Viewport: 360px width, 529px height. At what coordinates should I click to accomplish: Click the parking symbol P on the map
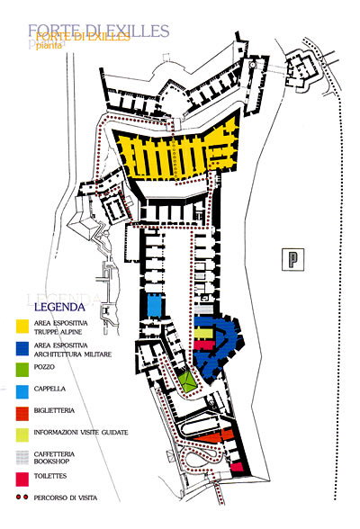tap(292, 259)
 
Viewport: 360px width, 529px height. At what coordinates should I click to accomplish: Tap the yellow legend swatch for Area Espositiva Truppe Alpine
tap(22, 327)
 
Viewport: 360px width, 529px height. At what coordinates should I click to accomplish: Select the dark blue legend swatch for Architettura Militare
tap(22, 348)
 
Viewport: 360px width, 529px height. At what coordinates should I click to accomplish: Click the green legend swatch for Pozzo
tap(22, 370)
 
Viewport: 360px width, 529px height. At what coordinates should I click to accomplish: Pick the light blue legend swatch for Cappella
tap(22, 391)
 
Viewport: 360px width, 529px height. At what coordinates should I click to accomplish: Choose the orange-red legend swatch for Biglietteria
tap(22, 414)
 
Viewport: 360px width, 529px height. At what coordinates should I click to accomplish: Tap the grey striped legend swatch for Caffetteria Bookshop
tap(22, 457)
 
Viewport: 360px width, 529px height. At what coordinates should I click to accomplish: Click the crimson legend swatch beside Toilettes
tap(22, 479)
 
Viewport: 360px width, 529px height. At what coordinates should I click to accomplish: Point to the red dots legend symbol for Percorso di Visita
tap(22, 498)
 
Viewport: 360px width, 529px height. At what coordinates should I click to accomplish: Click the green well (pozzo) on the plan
tap(186, 381)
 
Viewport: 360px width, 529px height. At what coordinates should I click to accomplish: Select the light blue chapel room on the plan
tap(154, 305)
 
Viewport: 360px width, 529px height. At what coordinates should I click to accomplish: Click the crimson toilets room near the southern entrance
tap(237, 467)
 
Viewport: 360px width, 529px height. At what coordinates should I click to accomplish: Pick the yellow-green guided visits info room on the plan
tap(203, 333)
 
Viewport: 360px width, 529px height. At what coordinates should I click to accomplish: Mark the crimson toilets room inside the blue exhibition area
tap(203, 345)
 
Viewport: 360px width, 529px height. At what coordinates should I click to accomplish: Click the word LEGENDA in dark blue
tap(59, 307)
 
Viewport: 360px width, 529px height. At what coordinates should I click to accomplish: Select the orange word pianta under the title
tap(49, 45)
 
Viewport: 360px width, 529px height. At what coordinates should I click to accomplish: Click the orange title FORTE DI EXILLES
tap(83, 36)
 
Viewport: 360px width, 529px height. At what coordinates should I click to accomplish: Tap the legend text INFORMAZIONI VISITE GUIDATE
tap(81, 432)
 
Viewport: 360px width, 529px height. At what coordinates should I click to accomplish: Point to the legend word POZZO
tap(44, 367)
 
